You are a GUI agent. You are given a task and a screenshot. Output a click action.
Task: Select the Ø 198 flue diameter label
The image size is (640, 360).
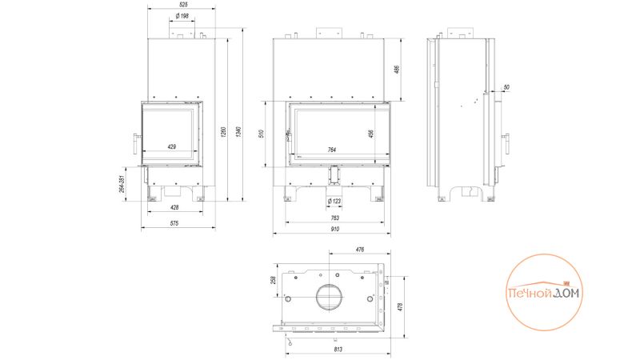pos(182,16)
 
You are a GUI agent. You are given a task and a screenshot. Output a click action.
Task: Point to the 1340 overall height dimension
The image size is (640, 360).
pos(239,131)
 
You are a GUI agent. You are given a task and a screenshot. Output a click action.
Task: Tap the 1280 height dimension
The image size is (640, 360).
pos(224,131)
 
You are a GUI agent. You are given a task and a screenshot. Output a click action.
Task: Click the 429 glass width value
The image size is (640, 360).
pos(172,146)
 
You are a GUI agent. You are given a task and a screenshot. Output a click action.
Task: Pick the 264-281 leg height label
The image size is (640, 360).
pos(122,184)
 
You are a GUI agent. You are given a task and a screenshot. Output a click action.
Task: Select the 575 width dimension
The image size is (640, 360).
pos(174,223)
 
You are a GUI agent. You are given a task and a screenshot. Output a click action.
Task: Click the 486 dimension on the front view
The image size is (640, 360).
pos(397,70)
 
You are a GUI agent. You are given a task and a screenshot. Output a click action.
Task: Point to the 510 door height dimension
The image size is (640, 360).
pos(262,134)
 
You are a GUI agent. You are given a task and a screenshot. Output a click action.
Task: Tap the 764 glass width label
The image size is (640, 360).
pos(332,150)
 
